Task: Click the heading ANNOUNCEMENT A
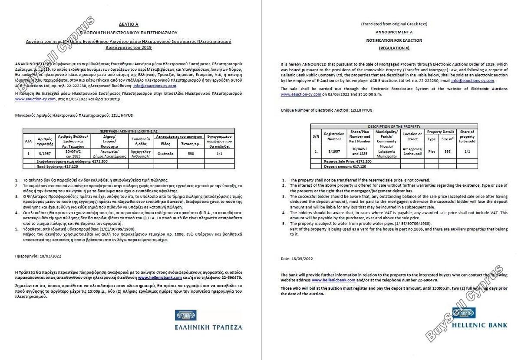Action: (394, 32)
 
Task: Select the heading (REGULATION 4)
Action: (394, 48)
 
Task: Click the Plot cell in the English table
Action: (432, 151)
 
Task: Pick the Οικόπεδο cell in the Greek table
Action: (166, 153)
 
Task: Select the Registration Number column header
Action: (334, 136)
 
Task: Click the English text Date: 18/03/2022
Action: (297, 258)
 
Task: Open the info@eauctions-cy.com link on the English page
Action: (472, 81)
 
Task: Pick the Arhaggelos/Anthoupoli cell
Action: (412, 151)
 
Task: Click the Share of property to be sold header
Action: (467, 136)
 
